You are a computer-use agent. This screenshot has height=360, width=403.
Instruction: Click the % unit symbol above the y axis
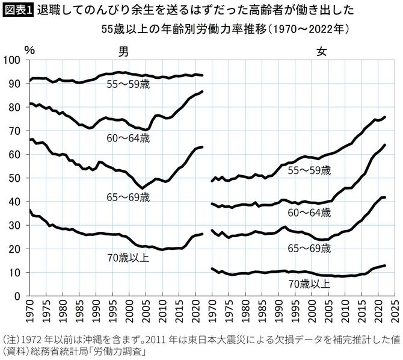click(x=29, y=48)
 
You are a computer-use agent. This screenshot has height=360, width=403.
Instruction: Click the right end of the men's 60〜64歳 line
click(x=202, y=92)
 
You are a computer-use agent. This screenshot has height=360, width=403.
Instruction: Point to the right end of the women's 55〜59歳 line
click(x=385, y=117)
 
